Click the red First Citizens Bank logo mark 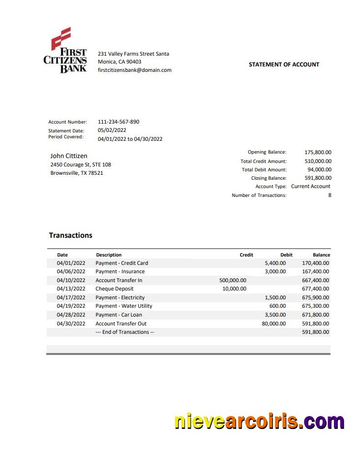click(61, 38)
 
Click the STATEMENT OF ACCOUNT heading click(284, 64)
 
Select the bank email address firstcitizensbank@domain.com click(135, 70)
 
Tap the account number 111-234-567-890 click(119, 122)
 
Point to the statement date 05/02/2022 click(112, 130)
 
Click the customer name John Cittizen click(69, 156)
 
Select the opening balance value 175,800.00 click(318, 153)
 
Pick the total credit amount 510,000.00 click(318, 161)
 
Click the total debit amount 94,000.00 click(319, 169)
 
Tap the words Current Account click(311, 187)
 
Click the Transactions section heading click(71, 235)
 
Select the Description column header click(109, 255)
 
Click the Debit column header click(286, 255)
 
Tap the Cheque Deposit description click(115, 289)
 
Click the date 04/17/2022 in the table click(71, 297)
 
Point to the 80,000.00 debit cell click(273, 323)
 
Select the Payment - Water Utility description click(124, 306)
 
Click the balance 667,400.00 click(315, 280)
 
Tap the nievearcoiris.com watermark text click(259, 422)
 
